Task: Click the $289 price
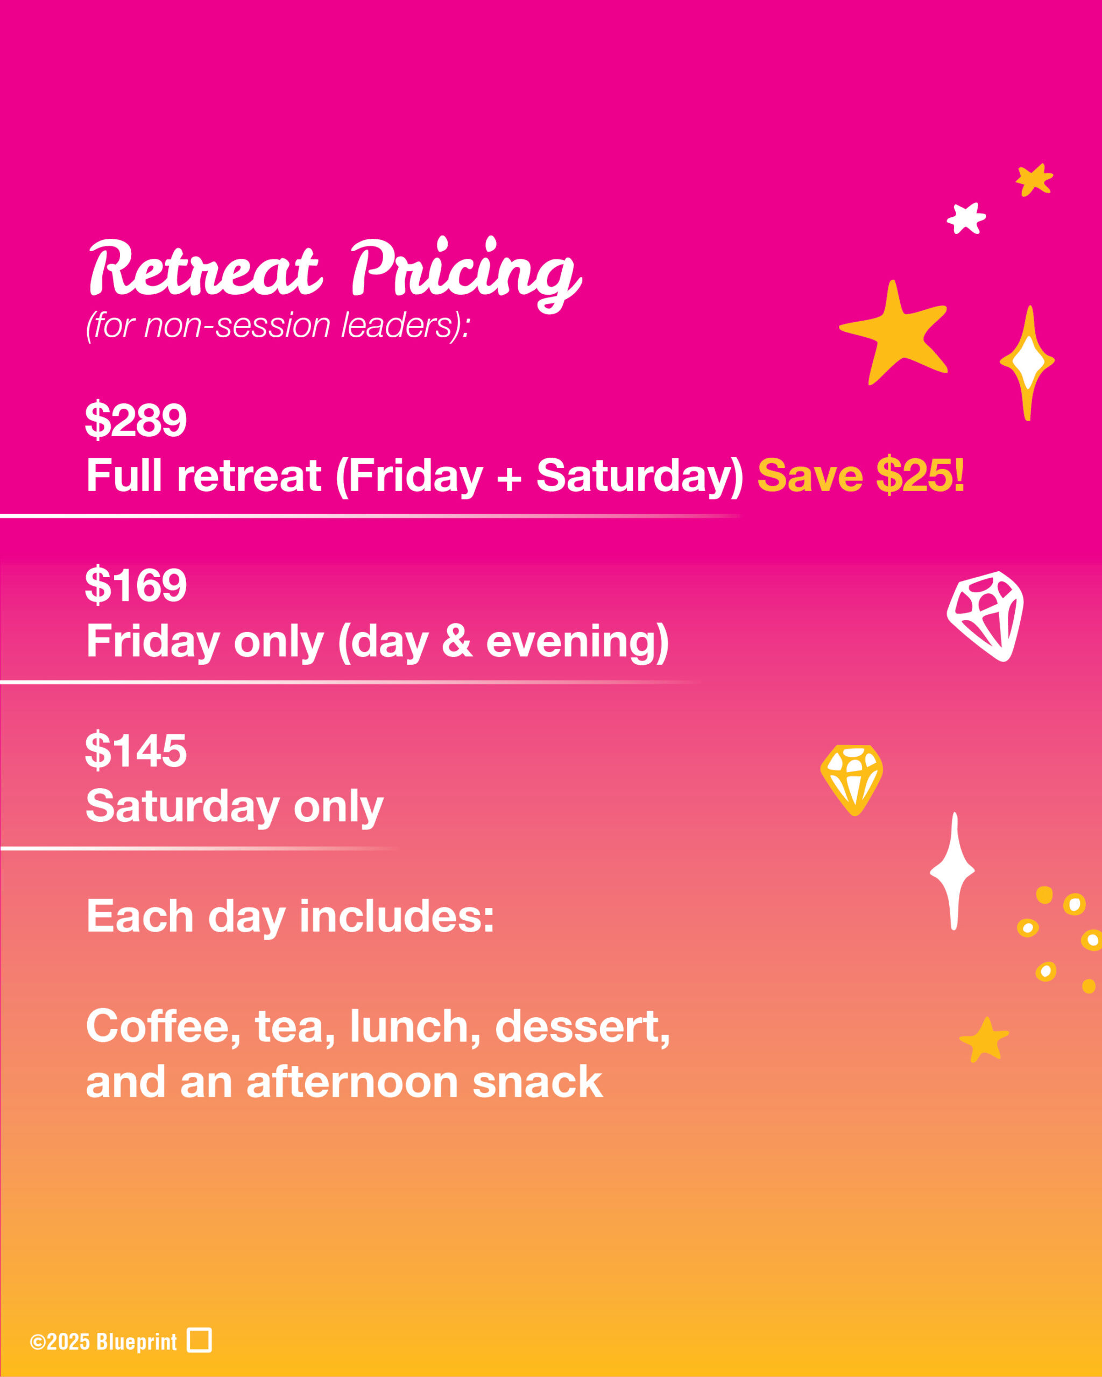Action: [x=136, y=420]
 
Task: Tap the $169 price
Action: [x=136, y=585]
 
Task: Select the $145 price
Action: [x=136, y=750]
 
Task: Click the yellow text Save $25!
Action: [x=860, y=476]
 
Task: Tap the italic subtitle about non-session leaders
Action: [x=278, y=326]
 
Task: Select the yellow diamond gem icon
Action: [x=852, y=779]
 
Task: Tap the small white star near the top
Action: [x=966, y=218]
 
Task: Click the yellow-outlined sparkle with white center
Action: [x=1027, y=362]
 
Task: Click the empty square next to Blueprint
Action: [x=199, y=1340]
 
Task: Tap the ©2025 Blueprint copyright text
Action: [x=103, y=1342]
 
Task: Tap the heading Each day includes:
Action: [x=291, y=917]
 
